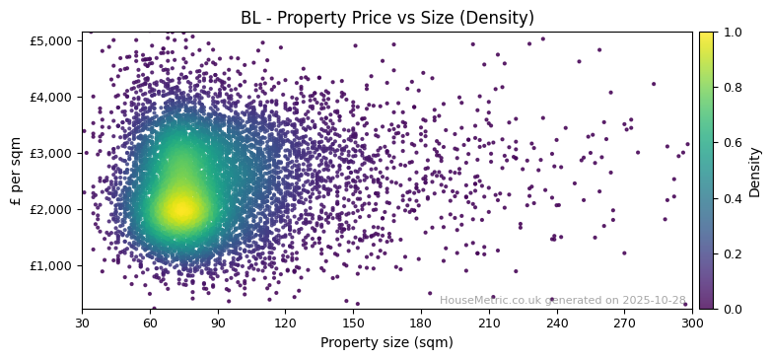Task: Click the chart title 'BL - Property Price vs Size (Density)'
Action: (387, 18)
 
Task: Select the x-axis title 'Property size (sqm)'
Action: (386, 343)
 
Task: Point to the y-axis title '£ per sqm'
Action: (16, 171)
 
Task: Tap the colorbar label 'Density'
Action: (754, 172)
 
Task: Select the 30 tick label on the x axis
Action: (82, 323)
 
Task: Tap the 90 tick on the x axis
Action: (218, 323)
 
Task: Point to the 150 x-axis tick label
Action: (353, 323)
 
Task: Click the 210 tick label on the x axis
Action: (489, 323)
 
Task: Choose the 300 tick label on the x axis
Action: (692, 323)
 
